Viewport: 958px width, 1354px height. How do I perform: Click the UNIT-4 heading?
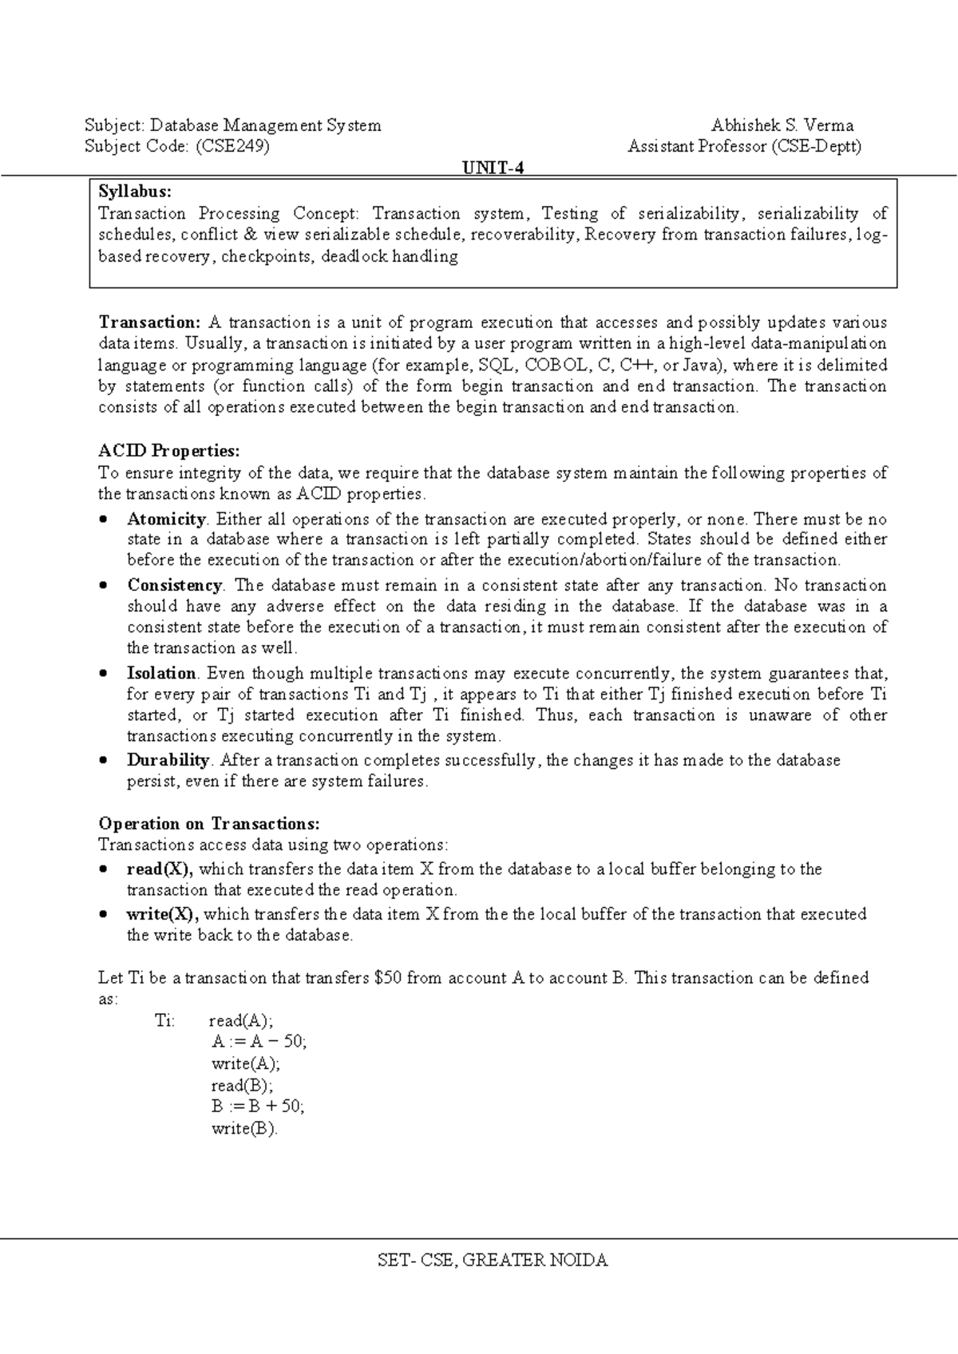point(493,168)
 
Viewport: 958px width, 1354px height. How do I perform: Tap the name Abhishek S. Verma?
point(782,125)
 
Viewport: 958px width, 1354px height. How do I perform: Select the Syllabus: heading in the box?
point(134,192)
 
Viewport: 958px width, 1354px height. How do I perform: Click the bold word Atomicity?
point(166,519)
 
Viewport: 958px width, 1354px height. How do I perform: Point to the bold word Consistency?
point(174,585)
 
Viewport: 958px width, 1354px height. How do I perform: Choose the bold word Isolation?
point(161,673)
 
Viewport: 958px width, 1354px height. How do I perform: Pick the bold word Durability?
point(168,760)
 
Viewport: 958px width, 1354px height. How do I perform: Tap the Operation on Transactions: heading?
point(208,823)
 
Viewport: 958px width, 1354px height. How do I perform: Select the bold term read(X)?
point(160,869)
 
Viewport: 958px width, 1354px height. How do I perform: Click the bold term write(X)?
point(162,913)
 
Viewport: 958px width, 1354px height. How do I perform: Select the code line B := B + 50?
point(258,1107)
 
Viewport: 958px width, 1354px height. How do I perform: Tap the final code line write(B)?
point(244,1129)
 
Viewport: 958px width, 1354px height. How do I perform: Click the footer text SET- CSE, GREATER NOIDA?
point(493,1261)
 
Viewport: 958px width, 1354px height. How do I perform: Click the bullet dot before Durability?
point(104,761)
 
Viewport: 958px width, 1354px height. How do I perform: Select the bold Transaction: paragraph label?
point(149,323)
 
